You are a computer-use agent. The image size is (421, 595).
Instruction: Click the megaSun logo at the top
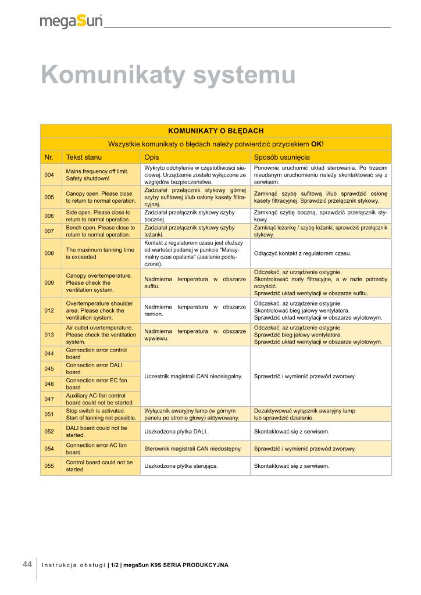tap(72, 21)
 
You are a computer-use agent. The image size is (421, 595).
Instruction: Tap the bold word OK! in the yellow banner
tap(317, 144)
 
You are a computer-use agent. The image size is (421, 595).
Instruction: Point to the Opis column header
tap(151, 157)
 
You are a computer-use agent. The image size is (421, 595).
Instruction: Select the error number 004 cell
tap(49, 175)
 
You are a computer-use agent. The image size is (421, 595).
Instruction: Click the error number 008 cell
tap(49, 253)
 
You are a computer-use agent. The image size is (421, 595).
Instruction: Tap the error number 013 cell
tap(49, 335)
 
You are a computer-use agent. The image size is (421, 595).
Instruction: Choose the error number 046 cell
tap(49, 384)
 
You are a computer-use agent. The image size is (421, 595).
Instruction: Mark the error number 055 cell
tap(49, 466)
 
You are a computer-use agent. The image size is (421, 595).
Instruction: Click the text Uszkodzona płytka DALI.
tap(176, 431)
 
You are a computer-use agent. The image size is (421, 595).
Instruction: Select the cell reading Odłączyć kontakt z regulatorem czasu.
tap(302, 253)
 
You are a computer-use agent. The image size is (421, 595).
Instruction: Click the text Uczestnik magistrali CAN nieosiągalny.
tap(193, 377)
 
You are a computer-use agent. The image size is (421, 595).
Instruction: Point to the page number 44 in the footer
tap(27, 564)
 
